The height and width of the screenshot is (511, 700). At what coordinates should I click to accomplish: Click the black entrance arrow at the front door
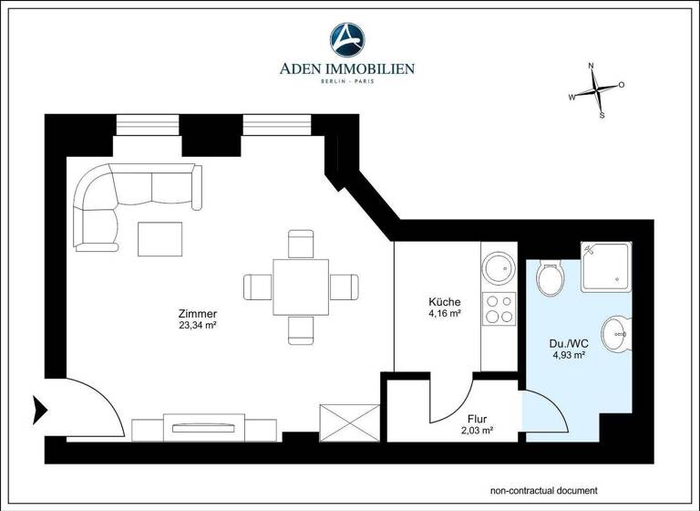[x=40, y=411]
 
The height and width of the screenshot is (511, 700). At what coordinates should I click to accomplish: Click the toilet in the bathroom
[x=551, y=278]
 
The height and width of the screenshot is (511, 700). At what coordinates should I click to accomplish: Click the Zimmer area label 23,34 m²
[x=197, y=324]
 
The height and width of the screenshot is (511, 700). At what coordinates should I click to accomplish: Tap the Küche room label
[x=444, y=302]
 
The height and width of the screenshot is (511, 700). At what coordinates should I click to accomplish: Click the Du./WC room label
[x=567, y=344]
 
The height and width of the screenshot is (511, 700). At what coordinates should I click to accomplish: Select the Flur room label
[x=477, y=420]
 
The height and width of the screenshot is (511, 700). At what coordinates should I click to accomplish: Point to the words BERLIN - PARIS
[x=350, y=82]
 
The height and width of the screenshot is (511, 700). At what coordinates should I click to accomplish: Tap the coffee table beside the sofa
[x=160, y=239]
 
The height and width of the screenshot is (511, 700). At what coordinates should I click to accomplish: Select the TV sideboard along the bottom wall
[x=204, y=427]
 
